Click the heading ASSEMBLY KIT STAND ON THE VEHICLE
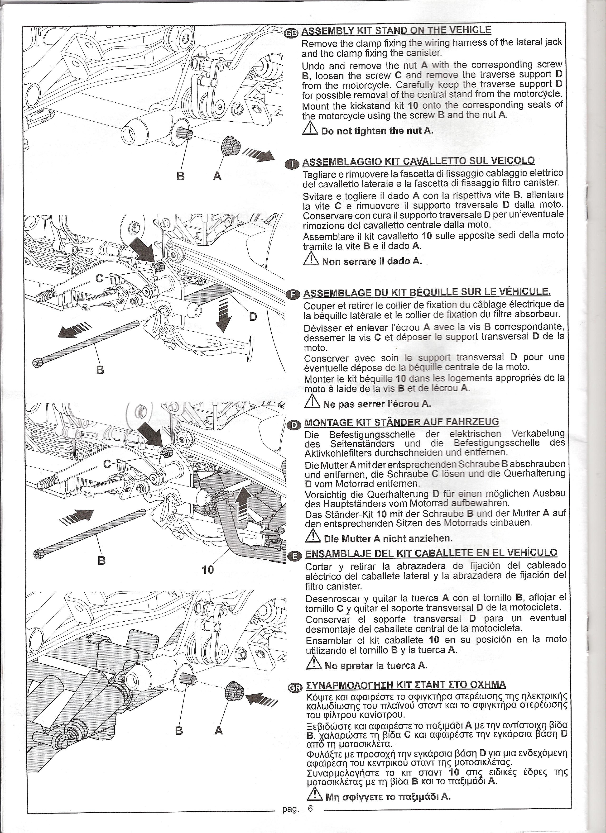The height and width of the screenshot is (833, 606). click(x=396, y=30)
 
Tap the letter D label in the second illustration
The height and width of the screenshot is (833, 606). click(x=253, y=317)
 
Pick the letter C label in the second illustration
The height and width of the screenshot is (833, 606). click(x=100, y=279)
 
